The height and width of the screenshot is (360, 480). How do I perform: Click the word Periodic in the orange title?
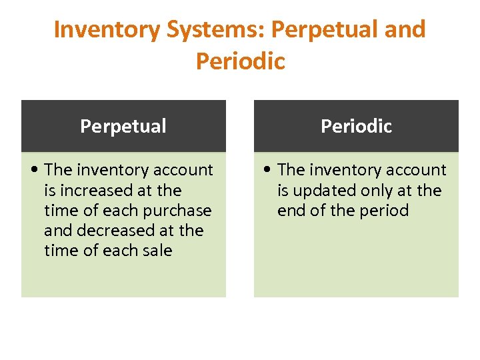click(x=240, y=61)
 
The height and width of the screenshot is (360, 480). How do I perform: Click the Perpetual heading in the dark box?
click(x=123, y=126)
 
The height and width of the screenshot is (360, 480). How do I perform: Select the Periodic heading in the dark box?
click(x=356, y=126)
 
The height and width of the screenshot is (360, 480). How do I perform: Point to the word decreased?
click(x=121, y=231)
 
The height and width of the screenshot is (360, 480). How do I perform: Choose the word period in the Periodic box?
click(x=381, y=211)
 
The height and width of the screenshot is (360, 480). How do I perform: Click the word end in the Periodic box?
click(x=291, y=211)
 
